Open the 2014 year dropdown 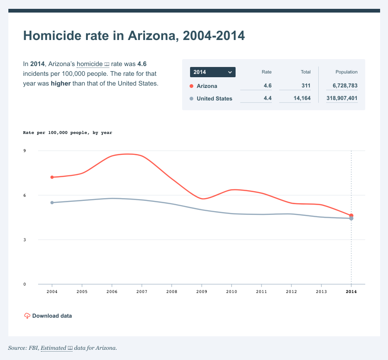click(212, 72)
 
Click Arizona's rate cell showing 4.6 click(267, 86)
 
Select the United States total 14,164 click(302, 99)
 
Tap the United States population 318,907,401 click(342, 99)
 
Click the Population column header click(346, 72)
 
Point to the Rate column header click(266, 72)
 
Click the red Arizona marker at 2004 click(52, 177)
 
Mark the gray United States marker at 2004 click(52, 202)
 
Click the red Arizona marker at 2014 click(351, 215)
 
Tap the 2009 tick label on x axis click(202, 292)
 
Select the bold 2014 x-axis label click(351, 292)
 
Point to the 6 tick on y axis click(25, 195)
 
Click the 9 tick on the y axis click(25, 151)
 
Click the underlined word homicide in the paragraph click(89, 64)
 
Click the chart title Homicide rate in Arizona click(134, 36)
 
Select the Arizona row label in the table click(207, 86)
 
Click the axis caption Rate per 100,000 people click(67, 133)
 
